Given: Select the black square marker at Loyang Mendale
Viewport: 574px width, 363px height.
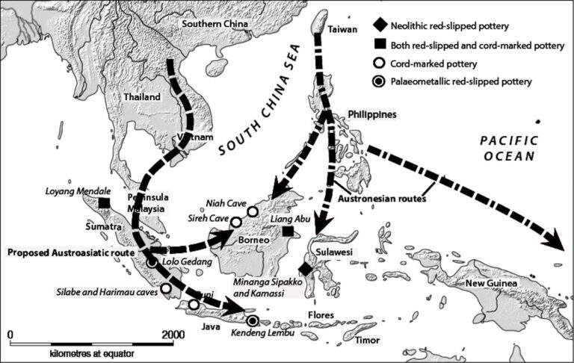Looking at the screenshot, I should pos(104,203).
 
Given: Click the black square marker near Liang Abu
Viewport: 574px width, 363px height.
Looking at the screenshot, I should pos(288,232).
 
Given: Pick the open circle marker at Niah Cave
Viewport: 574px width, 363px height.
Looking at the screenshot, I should pos(253,211).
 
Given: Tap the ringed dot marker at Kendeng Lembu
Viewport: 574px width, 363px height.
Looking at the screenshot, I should pos(253,320).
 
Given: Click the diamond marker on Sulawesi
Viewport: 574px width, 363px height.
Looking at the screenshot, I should pos(304,269).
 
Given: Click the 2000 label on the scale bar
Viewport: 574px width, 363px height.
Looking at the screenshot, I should pos(173,333).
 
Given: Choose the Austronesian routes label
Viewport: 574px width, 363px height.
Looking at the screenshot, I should pos(382,198).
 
